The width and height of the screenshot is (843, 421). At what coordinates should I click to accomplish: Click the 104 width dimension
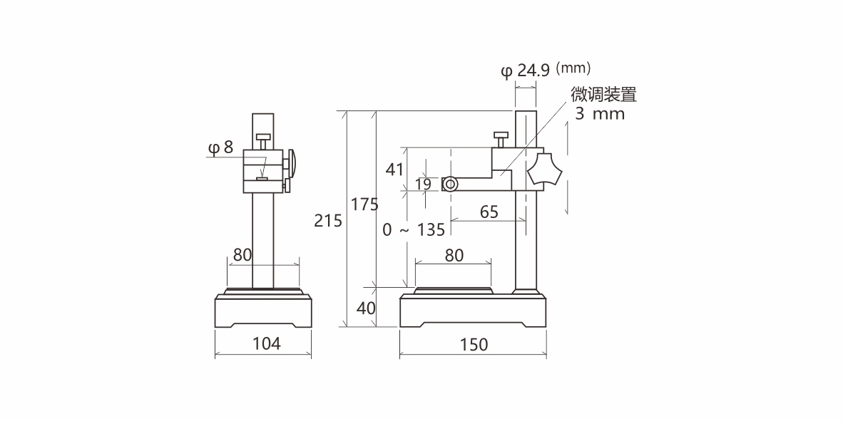267,343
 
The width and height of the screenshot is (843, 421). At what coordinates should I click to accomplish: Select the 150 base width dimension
474,345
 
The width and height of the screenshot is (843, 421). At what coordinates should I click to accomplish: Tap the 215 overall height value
328,221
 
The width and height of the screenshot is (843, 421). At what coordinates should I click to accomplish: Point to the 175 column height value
364,204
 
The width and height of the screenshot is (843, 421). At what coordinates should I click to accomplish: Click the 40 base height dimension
366,308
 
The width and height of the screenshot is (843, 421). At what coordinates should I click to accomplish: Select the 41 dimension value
394,170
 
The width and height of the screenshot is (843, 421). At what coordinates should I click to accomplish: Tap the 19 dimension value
423,184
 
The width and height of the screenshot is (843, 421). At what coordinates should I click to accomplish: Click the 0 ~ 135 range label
414,229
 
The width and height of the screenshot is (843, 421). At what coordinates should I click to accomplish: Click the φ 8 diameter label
220,147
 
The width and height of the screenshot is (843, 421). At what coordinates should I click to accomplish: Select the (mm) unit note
573,68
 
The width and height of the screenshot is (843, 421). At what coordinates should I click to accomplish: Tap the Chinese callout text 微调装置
603,95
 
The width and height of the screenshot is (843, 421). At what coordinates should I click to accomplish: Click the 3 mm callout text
600,114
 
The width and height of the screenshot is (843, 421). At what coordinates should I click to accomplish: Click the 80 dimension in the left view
242,254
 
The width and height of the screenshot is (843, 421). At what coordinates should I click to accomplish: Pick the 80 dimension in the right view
454,255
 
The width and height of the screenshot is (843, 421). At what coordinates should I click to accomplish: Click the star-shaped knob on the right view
546,171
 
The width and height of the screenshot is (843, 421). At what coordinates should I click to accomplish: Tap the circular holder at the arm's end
450,184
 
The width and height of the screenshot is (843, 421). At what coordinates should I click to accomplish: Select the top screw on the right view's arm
500,136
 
